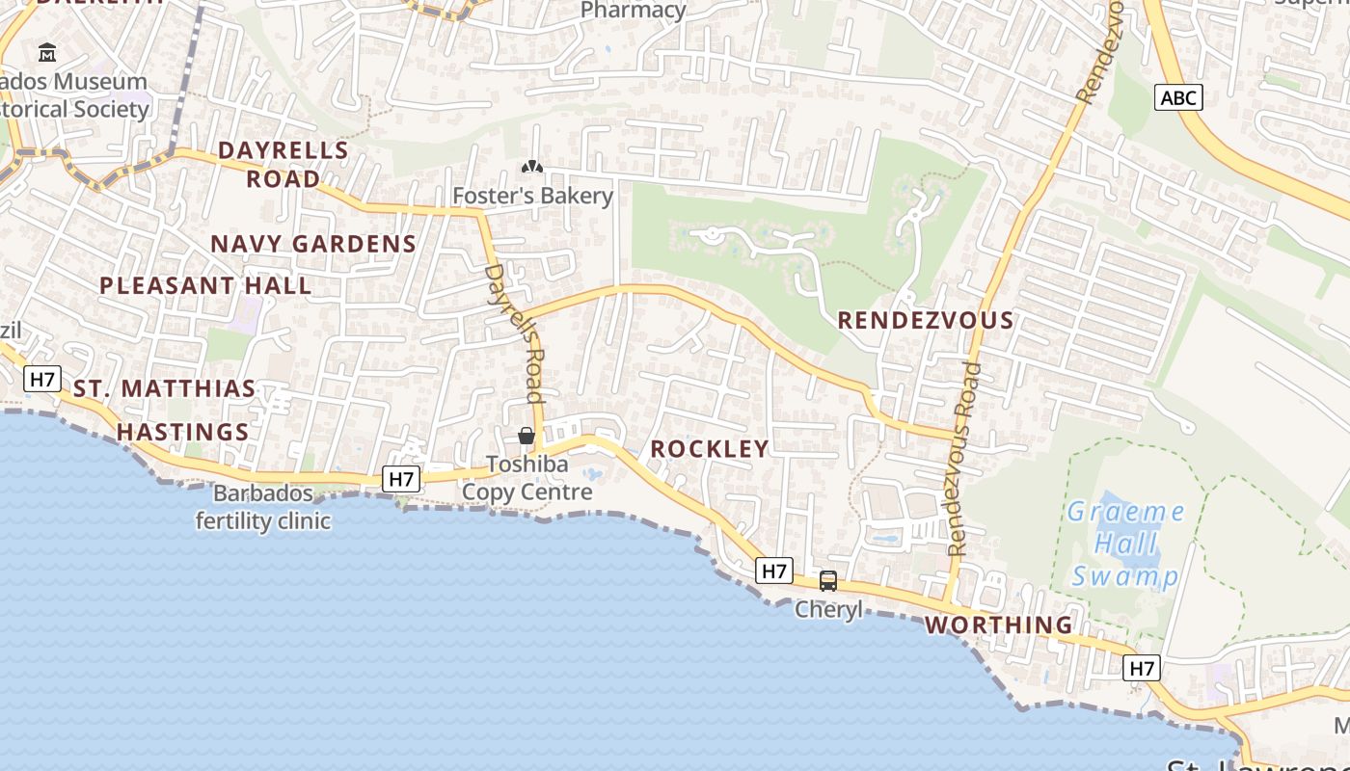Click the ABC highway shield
click(1178, 97)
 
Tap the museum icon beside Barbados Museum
click(47, 52)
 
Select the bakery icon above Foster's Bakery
click(531, 167)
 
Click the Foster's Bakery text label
click(532, 196)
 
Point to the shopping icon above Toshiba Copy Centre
click(526, 436)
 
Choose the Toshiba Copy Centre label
click(526, 478)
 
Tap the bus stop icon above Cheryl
click(827, 580)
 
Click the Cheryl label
click(827, 610)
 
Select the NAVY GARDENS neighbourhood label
click(313, 244)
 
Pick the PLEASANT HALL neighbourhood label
click(205, 285)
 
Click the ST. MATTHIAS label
click(165, 389)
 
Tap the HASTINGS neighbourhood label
click(183, 432)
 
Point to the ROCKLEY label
click(710, 448)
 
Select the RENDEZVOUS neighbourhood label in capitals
click(925, 320)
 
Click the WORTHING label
click(998, 625)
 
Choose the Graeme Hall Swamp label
click(1125, 544)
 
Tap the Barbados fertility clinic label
click(263, 508)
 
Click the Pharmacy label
click(634, 11)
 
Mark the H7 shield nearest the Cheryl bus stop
click(774, 571)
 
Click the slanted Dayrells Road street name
click(516, 332)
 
